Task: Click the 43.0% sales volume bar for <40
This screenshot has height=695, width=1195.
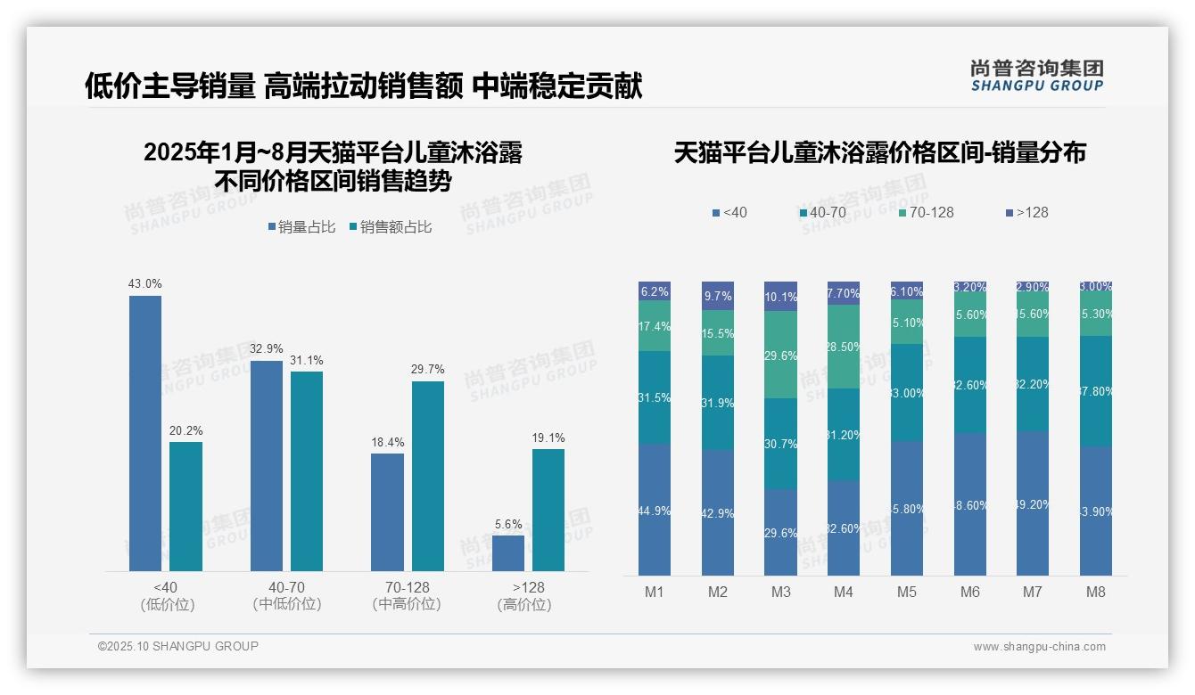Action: click(145, 433)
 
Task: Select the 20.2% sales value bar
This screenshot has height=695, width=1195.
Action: click(185, 506)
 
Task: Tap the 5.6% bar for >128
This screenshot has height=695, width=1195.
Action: click(507, 552)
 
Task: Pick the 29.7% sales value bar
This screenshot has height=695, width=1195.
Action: click(427, 476)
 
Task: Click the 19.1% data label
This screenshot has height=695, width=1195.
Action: click(548, 437)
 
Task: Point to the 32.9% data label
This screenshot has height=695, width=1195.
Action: click(266, 349)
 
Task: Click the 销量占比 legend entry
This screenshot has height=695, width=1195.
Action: click(301, 227)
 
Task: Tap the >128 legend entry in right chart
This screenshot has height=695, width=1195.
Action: click(1027, 212)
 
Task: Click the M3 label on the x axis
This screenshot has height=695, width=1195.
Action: click(780, 592)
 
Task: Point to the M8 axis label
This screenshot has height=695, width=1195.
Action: click(1096, 592)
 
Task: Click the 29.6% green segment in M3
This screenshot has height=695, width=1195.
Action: click(780, 355)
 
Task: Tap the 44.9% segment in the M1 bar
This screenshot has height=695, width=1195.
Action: click(655, 510)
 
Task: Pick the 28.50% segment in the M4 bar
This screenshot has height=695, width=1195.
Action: click(844, 347)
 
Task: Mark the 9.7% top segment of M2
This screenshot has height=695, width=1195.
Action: click(718, 296)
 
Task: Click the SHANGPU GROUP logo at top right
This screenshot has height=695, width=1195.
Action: click(1036, 76)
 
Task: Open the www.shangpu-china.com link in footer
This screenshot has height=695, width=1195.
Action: click(1039, 647)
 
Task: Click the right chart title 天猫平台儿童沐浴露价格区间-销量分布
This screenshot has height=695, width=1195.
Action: click(879, 153)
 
